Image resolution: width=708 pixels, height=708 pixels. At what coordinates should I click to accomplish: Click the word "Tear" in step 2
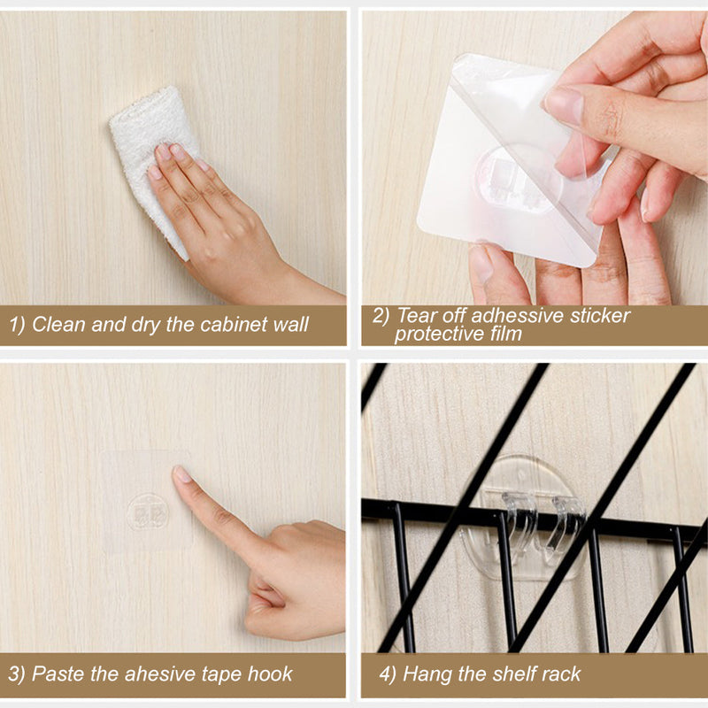coord(417,315)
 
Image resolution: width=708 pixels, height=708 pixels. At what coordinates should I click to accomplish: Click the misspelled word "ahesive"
coord(161,674)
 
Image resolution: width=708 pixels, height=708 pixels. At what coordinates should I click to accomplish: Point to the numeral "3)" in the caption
coord(17,674)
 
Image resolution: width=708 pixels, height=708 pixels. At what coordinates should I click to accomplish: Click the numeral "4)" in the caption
coord(388,674)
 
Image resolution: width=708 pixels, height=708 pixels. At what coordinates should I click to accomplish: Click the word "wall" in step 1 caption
coord(290,325)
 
